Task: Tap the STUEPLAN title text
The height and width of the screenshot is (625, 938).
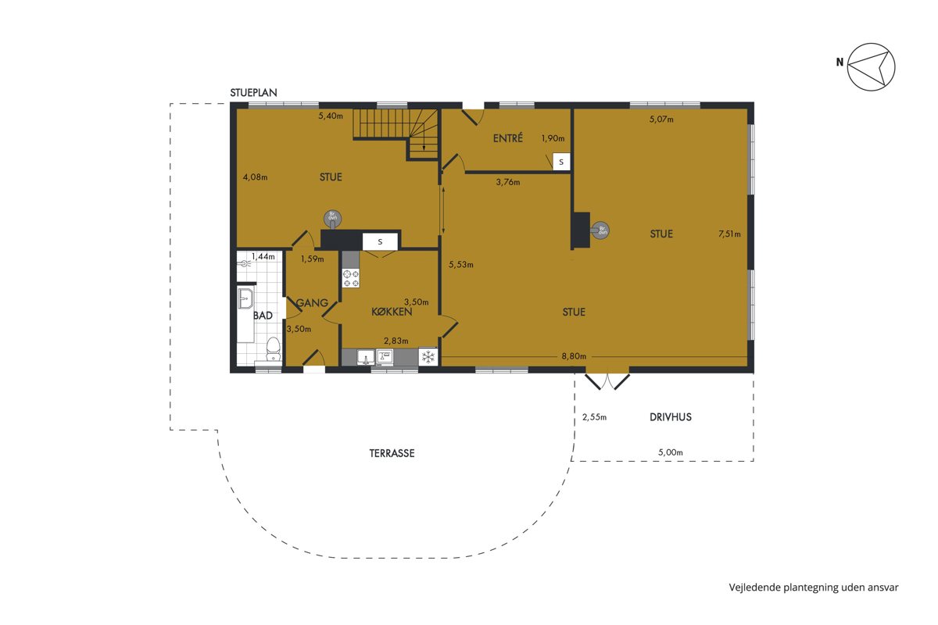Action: click(253, 92)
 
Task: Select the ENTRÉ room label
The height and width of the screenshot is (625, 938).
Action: click(507, 137)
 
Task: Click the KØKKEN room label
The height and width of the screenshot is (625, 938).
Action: click(392, 312)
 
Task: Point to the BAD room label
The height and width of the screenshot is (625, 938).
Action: click(263, 315)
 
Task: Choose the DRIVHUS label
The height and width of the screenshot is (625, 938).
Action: click(671, 417)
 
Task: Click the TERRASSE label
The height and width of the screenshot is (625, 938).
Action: click(392, 453)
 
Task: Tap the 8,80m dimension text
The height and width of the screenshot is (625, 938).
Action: click(574, 356)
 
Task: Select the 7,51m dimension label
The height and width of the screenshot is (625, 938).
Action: click(729, 234)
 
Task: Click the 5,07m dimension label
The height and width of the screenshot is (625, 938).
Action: click(661, 120)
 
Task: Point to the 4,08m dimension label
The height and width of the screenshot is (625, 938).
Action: click(255, 177)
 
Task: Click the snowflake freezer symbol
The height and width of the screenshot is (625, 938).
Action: click(428, 357)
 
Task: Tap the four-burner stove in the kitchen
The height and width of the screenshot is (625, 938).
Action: click(351, 278)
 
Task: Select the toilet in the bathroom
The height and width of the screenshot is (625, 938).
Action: click(274, 349)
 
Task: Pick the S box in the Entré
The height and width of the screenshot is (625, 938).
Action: click(561, 162)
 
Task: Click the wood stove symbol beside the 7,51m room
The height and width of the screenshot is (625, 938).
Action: click(600, 230)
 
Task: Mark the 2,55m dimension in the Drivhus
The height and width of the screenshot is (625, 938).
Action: click(594, 417)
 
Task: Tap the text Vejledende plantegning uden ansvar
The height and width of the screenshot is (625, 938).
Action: click(814, 587)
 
